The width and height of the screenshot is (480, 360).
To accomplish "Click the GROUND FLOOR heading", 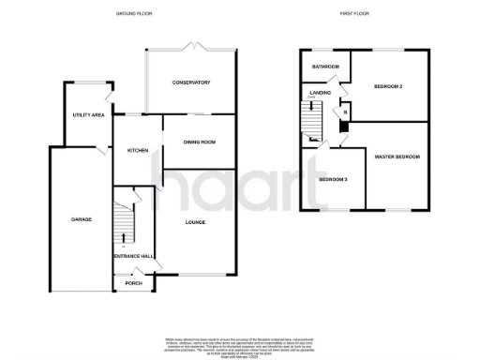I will click(x=134, y=14).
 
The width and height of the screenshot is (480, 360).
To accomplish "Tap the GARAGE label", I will click(x=81, y=219).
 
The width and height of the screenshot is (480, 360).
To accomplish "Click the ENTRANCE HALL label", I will click(x=133, y=256).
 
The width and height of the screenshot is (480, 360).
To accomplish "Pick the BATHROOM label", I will click(x=325, y=67).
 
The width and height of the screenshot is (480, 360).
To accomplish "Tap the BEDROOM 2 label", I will click(x=388, y=87).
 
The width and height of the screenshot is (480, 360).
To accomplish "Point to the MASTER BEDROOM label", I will click(x=397, y=157).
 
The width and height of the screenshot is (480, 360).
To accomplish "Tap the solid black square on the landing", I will click(x=344, y=126).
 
